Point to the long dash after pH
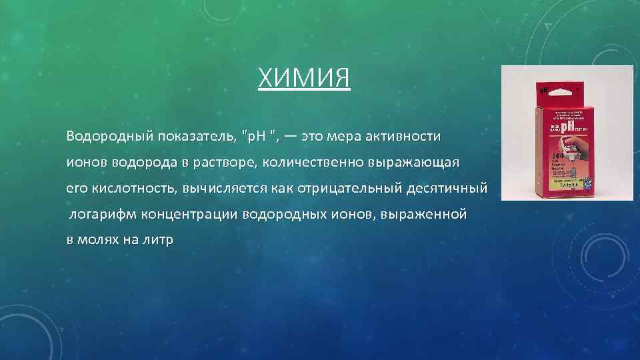[x=290, y=137]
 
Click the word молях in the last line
[x=97, y=241]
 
